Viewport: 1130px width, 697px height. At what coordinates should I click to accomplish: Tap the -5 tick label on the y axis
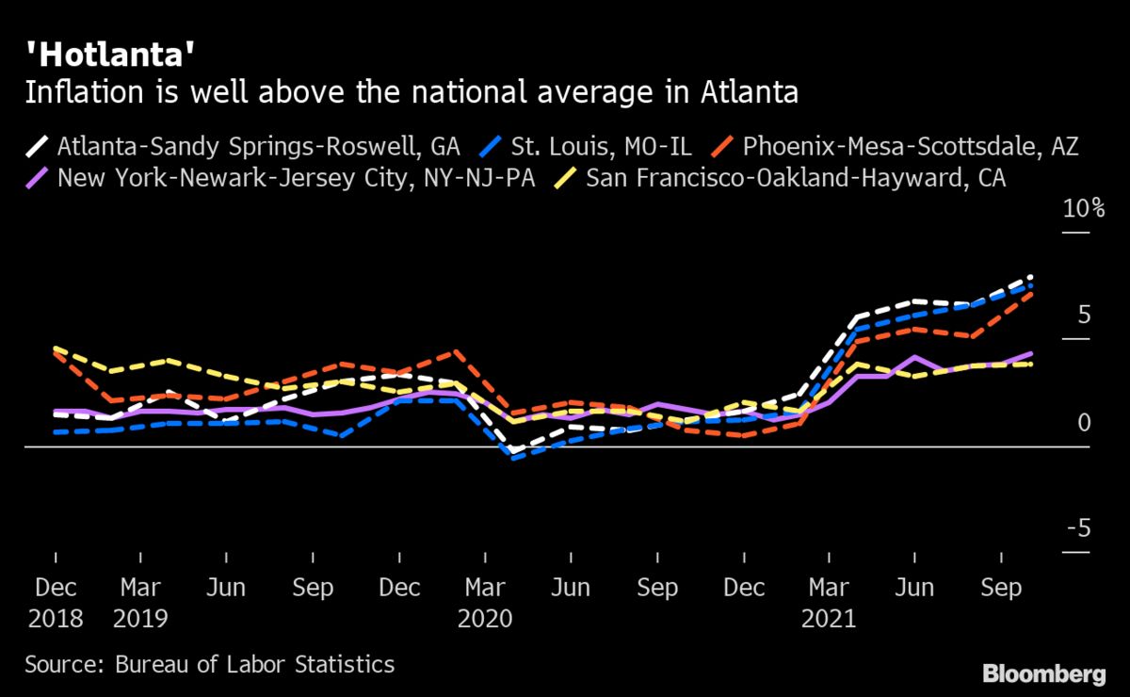[1078, 530]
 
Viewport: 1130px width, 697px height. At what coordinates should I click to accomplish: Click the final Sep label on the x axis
[1001, 588]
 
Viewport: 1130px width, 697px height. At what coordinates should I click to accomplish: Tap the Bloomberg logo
[1043, 673]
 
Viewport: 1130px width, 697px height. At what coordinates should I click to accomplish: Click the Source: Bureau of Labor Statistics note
[210, 664]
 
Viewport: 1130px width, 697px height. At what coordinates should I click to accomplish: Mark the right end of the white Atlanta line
[1032, 277]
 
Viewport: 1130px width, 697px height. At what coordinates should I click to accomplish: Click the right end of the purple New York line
[1032, 353]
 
